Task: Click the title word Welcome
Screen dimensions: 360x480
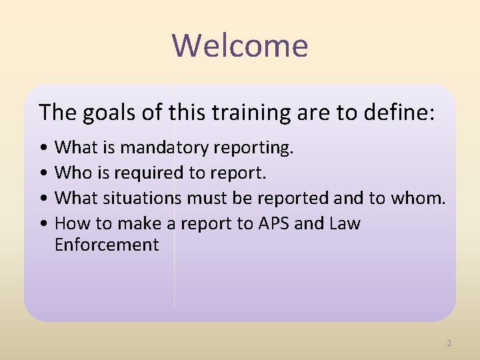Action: (x=240, y=45)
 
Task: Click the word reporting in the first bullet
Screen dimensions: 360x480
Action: (x=257, y=147)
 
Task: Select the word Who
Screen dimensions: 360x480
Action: (x=71, y=173)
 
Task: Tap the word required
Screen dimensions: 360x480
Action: (x=148, y=173)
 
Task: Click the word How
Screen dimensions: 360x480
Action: (x=71, y=223)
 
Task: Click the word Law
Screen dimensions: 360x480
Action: (x=345, y=223)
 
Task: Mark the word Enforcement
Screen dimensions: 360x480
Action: (x=107, y=245)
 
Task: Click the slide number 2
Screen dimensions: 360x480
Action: (x=449, y=343)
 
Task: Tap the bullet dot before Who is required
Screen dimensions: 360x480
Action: (x=43, y=173)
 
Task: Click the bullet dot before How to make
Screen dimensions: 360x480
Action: (x=43, y=224)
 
